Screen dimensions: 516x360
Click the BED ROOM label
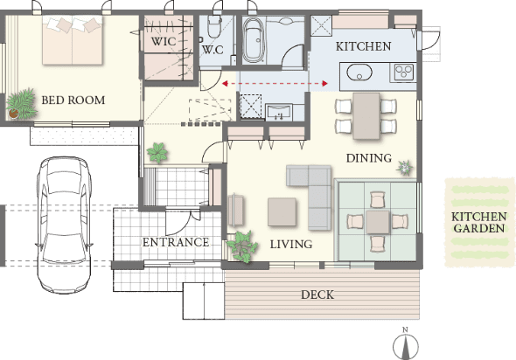(x=73, y=100)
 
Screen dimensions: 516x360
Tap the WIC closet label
(x=164, y=42)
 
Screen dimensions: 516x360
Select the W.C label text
(x=213, y=50)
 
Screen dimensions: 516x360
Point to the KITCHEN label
(x=363, y=46)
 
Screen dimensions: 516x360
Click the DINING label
(x=369, y=158)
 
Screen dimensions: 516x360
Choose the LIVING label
(x=291, y=245)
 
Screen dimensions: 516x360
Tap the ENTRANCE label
(x=176, y=242)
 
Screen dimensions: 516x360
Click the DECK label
(x=317, y=294)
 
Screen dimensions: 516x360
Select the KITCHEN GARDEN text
(x=479, y=222)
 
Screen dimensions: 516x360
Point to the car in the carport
(x=63, y=225)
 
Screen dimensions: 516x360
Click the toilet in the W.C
(x=213, y=27)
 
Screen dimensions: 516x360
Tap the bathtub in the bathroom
(x=253, y=40)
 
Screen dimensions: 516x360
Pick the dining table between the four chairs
(x=366, y=116)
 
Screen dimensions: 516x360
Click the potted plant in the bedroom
(x=21, y=104)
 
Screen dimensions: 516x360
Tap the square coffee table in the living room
(x=282, y=212)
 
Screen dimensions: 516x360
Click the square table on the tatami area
(x=378, y=222)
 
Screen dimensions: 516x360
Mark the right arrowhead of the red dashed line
(x=324, y=84)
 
